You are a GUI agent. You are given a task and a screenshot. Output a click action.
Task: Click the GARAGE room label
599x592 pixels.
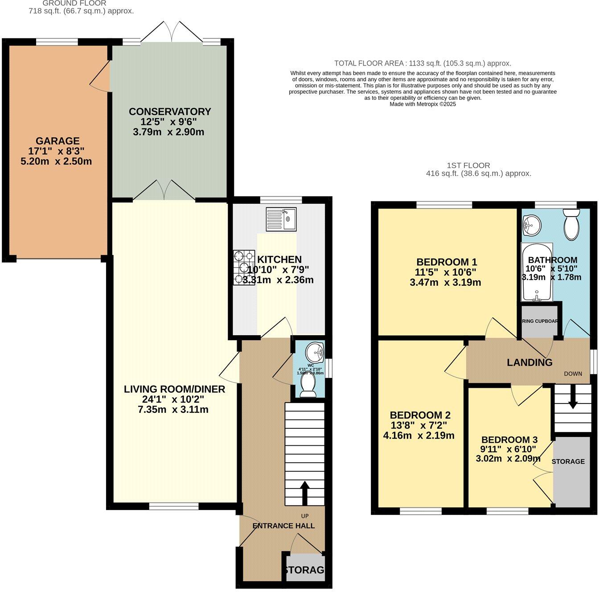(57, 141)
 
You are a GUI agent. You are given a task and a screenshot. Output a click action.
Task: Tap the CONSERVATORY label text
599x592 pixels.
(169, 111)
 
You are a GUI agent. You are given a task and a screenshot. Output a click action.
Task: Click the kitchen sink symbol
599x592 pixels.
(281, 219)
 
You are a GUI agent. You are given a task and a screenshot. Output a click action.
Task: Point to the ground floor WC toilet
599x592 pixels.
(308, 385)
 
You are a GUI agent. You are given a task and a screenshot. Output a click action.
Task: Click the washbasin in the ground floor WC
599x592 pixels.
(315, 353)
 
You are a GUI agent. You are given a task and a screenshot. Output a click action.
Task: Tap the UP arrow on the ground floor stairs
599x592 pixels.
(305, 492)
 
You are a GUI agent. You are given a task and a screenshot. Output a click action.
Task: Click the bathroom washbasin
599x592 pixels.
(532, 223)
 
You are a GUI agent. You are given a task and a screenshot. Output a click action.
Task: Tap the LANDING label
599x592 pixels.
(529, 362)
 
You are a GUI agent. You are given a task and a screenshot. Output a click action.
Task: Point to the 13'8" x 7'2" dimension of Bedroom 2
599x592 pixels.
(418, 425)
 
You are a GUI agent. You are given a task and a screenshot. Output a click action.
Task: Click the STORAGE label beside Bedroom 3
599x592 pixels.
(568, 461)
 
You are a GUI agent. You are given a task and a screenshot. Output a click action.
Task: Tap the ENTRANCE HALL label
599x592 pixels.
(283, 526)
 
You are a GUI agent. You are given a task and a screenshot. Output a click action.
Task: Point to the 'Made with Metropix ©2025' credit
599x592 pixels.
(423, 104)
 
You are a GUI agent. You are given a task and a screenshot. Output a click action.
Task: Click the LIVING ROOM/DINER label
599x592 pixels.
(174, 389)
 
